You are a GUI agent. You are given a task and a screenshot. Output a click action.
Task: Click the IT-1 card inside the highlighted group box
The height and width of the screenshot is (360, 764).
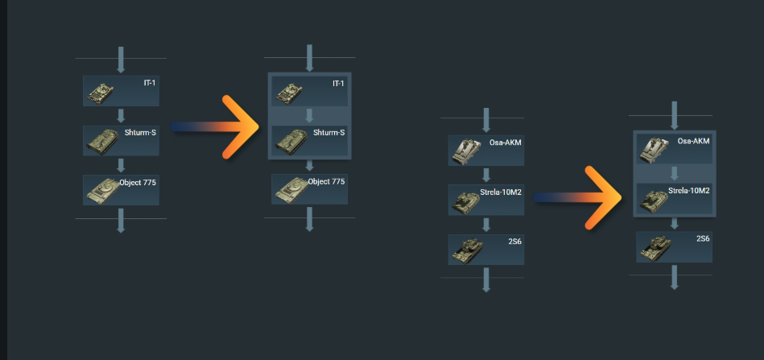309,92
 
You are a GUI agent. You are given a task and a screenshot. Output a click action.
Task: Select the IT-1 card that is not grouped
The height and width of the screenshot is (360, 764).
121,91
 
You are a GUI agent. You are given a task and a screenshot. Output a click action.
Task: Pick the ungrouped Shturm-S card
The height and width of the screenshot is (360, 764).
121,140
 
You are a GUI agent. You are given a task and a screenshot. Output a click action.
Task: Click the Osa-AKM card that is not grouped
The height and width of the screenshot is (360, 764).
486,151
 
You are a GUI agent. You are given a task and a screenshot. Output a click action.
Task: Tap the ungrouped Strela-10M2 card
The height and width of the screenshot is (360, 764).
486,200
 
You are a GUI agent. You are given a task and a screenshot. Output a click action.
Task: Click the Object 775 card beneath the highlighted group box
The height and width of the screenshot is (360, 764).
309,189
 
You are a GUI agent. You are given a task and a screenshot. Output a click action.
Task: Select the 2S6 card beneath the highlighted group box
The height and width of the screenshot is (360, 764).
675,246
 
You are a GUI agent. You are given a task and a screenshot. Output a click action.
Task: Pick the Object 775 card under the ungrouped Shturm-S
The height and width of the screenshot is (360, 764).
121,189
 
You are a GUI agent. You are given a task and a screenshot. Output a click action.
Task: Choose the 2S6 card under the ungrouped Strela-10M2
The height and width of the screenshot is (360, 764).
486,249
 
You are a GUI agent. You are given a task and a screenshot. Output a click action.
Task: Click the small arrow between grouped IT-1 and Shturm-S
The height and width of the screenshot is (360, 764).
309,116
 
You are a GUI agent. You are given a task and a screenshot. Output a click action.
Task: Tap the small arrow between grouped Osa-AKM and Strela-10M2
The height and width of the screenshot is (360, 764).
675,174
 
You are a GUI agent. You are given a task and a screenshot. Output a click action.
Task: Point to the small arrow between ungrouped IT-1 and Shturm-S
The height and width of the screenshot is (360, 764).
121,115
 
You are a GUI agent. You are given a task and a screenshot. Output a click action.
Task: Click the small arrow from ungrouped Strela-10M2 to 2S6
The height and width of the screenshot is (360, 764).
486,225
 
